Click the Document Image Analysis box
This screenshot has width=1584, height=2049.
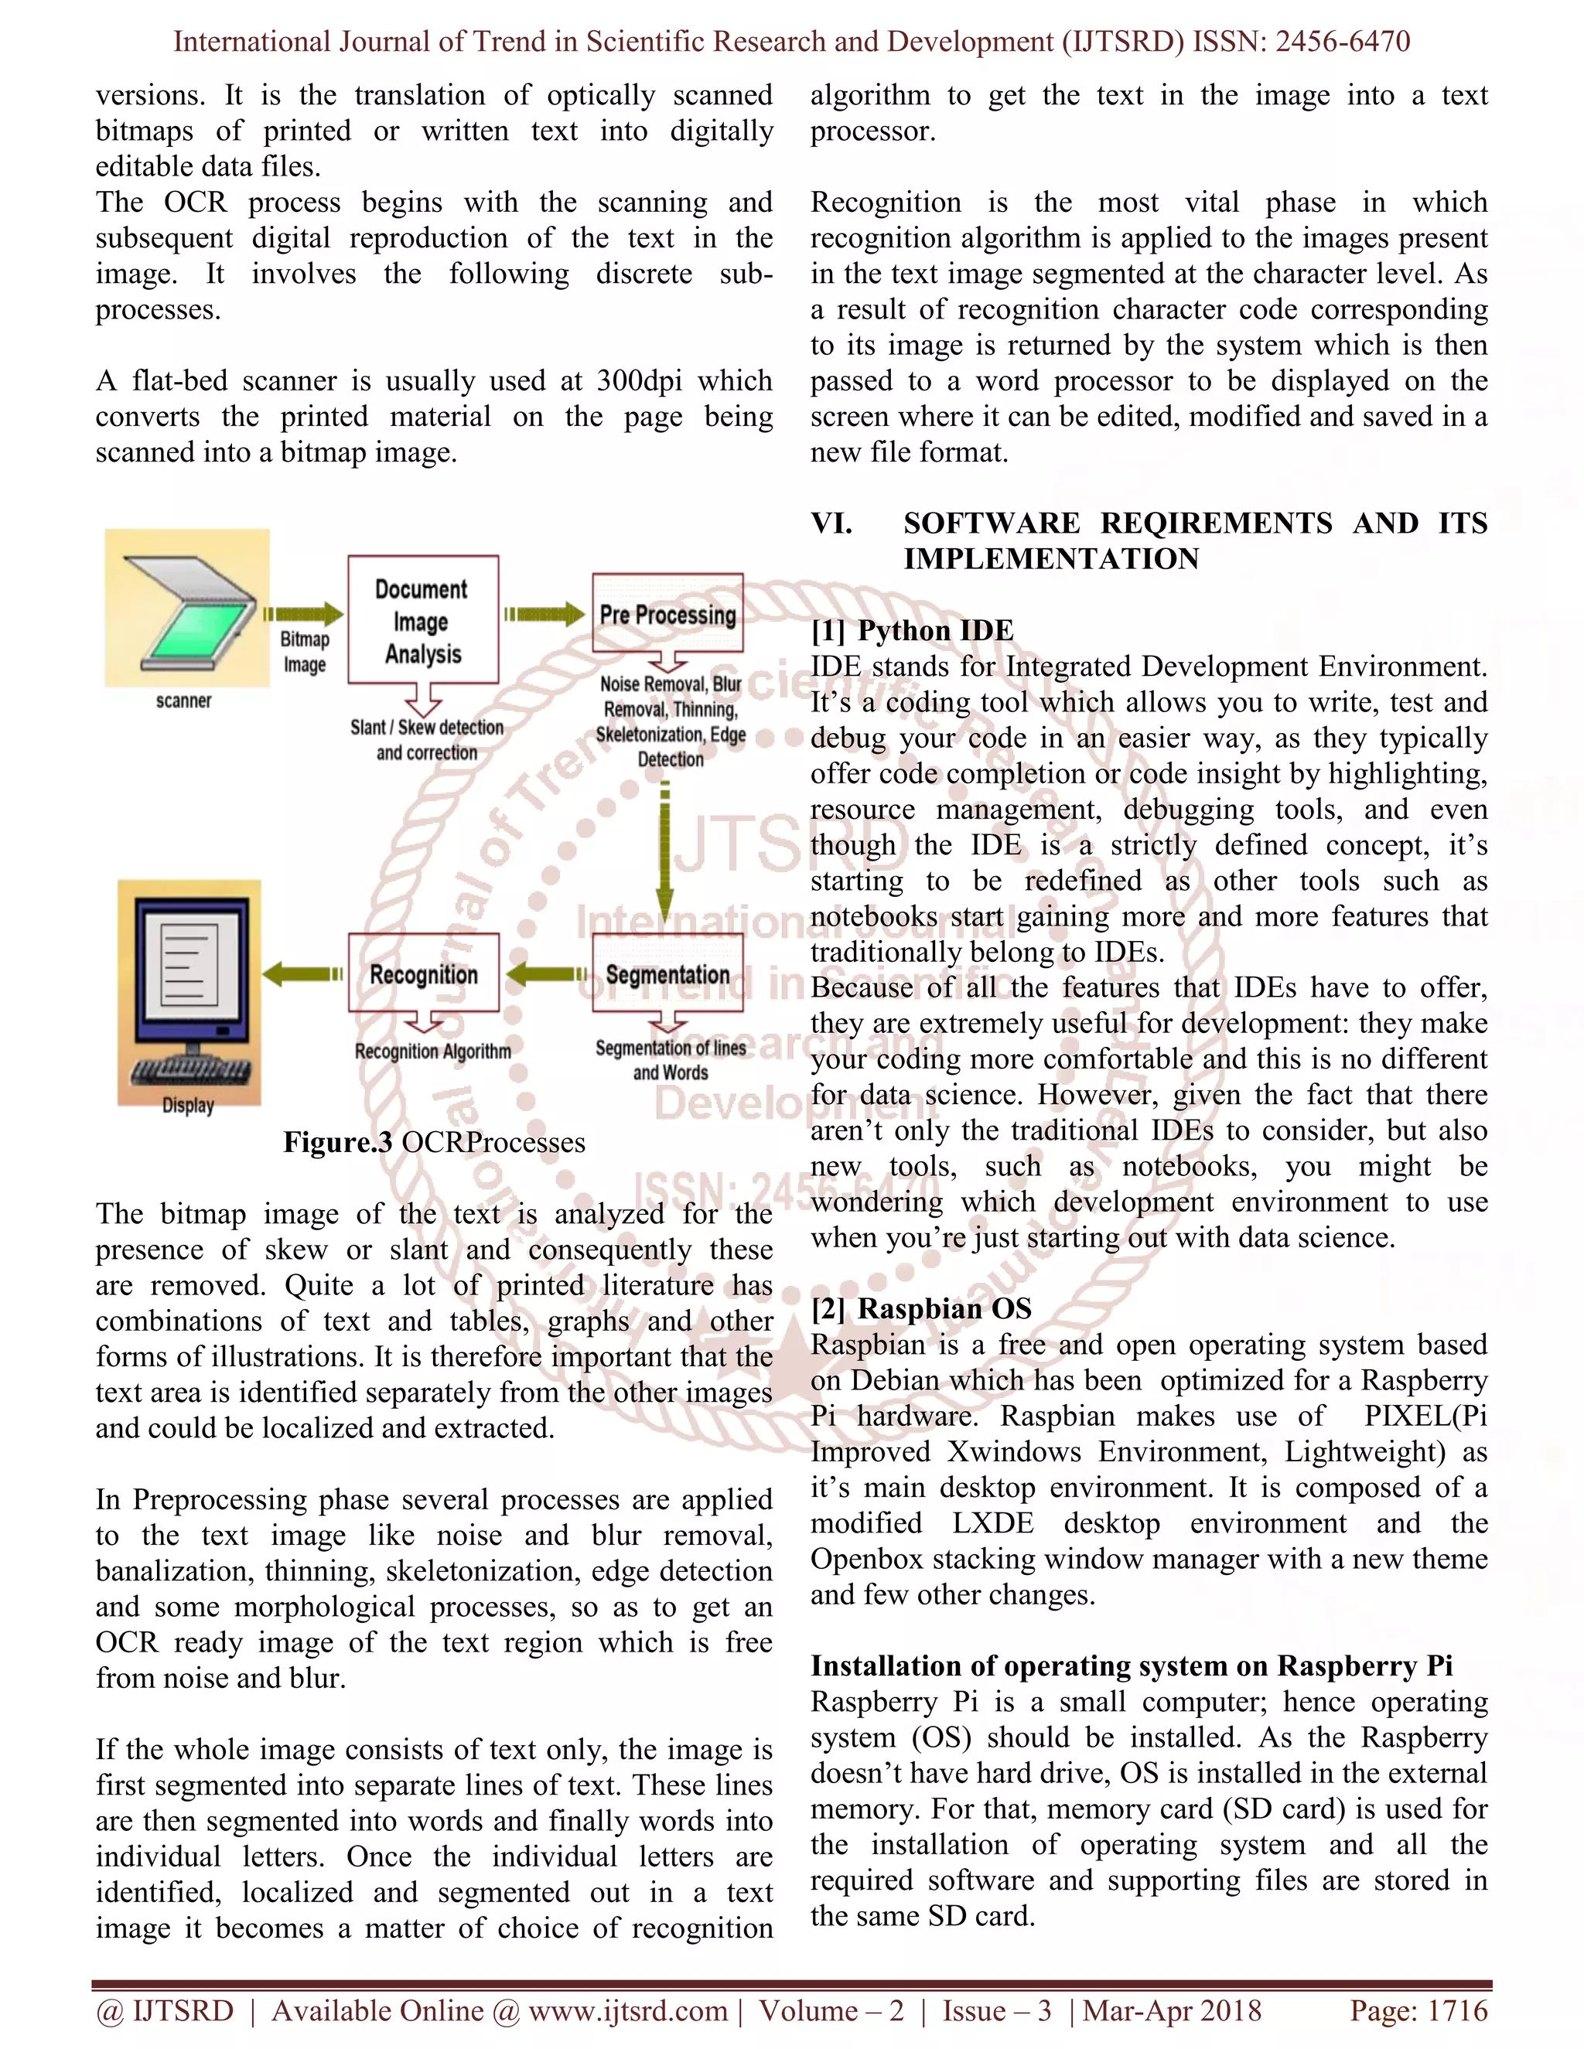(x=422, y=620)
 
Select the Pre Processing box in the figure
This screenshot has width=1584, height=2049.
(x=667, y=615)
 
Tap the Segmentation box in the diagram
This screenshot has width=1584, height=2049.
(x=667, y=973)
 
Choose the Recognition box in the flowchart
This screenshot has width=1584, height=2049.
(x=423, y=973)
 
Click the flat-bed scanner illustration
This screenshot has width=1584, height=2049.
(x=186, y=610)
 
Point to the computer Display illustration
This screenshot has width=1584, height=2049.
(x=189, y=990)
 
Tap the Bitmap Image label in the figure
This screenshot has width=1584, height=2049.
(x=305, y=652)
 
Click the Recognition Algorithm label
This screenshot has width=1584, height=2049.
(x=432, y=1052)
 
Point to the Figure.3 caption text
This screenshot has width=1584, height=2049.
(x=434, y=1143)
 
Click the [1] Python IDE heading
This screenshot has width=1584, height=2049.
(x=912, y=630)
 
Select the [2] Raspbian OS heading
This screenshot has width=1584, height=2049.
(x=920, y=1309)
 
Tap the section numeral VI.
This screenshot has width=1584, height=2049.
(x=831, y=523)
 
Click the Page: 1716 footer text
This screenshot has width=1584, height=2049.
(x=1418, y=2010)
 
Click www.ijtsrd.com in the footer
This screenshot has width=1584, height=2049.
(x=628, y=2010)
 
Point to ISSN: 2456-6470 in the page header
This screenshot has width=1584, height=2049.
(x=1301, y=41)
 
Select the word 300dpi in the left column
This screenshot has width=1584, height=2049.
(x=641, y=381)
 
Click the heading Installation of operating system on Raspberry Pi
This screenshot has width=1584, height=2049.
(x=1131, y=1666)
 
